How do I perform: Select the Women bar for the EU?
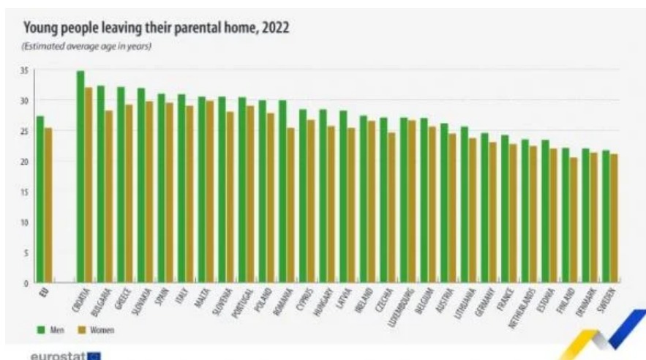[48, 206]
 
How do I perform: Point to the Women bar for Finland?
[574, 220]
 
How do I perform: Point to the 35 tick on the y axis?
[24, 70]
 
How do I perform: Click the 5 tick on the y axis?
[26, 252]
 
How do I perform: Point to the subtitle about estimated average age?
[87, 47]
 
